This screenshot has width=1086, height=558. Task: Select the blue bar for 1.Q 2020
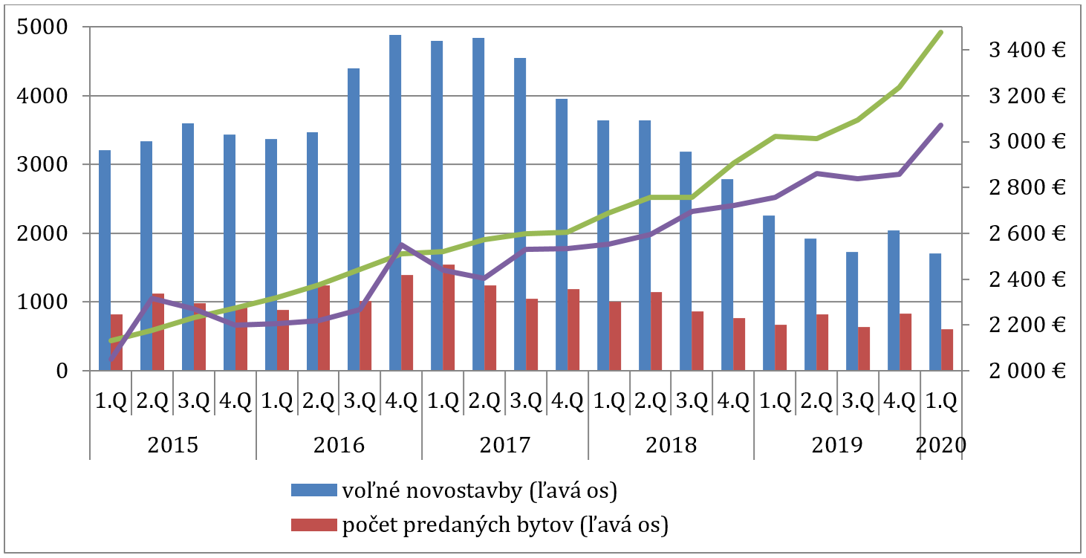[935, 312]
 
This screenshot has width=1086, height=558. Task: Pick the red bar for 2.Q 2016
[324, 328]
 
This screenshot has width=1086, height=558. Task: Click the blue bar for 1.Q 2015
[105, 260]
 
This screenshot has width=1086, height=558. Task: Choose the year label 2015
[172, 445]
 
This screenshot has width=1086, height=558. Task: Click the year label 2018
[671, 445]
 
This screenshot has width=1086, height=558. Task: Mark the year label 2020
[941, 445]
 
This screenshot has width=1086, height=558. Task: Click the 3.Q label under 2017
[526, 402]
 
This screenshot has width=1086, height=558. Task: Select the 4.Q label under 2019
[900, 402]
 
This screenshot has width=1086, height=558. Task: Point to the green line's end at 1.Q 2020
[941, 32]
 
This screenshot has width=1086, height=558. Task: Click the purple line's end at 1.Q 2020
[941, 125]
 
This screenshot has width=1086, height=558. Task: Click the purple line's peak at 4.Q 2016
[401, 244]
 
